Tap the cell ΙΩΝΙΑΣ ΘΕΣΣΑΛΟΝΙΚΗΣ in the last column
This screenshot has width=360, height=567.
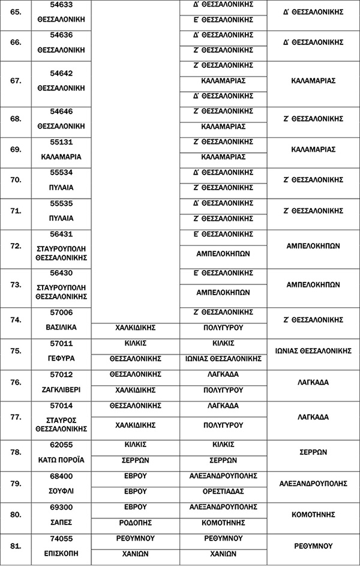(x=313, y=350)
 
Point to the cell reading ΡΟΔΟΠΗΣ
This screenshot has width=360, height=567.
(x=135, y=523)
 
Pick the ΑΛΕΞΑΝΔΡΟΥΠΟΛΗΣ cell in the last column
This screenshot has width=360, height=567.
(x=313, y=483)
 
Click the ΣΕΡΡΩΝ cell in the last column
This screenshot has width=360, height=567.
(x=313, y=452)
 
